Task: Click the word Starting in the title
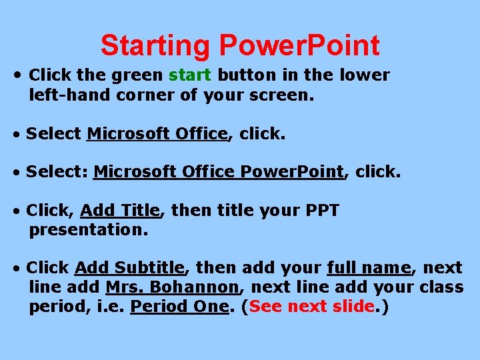coord(154,46)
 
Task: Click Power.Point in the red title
coord(299,46)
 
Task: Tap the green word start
coord(191,75)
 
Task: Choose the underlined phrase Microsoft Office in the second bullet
coord(157,134)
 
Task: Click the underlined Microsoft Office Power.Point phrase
coord(219,172)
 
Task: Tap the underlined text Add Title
coord(120,211)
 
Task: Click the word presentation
coord(88,230)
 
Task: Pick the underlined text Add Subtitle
coord(129,268)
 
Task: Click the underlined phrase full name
coord(369,268)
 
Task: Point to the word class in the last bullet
coord(441,287)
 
